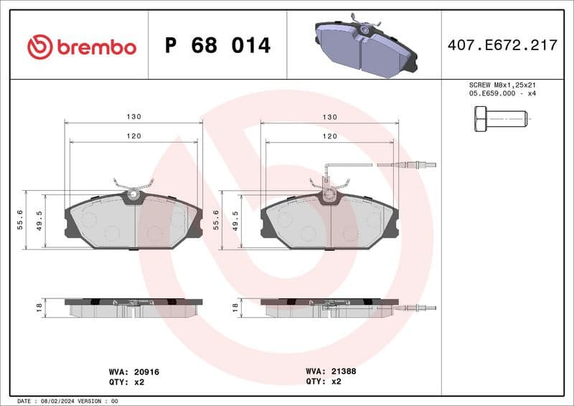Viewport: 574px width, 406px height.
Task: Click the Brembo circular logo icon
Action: coord(40,47)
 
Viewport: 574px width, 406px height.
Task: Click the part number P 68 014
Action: coord(217,46)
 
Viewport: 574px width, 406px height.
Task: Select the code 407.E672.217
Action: coord(502,45)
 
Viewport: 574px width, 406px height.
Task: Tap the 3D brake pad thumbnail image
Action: coord(365,46)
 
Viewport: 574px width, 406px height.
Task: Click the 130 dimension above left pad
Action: coord(134,116)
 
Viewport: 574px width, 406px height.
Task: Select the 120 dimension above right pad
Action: coord(329,136)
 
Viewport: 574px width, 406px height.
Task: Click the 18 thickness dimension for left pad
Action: coord(39,307)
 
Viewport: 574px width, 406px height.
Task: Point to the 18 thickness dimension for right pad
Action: coord(235,307)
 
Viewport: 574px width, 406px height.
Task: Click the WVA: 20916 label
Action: coord(133,372)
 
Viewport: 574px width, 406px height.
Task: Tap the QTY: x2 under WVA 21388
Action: coord(325,382)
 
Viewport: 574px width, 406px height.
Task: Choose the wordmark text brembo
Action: coord(96,47)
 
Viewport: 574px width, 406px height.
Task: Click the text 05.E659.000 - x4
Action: coord(502,93)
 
